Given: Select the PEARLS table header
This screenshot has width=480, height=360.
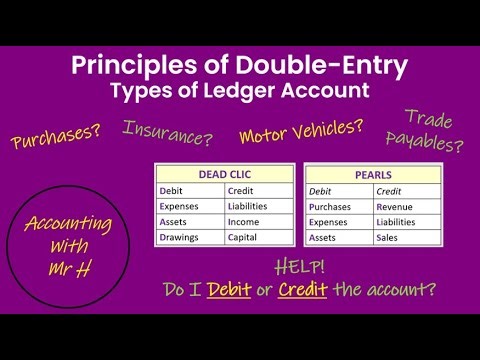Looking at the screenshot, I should [373, 173].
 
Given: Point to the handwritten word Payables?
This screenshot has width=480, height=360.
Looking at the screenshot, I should [431, 144].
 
